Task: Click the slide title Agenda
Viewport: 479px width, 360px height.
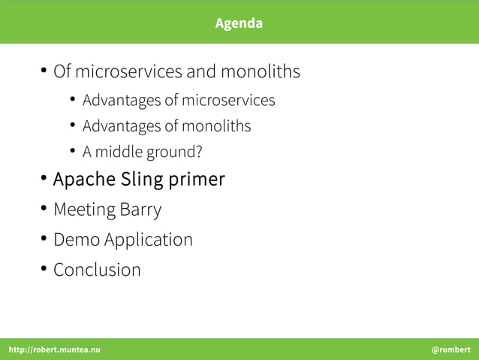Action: coord(239,23)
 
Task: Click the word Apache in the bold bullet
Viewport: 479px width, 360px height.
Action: coord(83,180)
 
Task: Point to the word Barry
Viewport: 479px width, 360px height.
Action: coord(140,210)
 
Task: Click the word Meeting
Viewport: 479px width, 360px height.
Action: coord(84,210)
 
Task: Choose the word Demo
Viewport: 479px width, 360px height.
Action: coord(76,240)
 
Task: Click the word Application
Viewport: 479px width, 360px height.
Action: coord(148,241)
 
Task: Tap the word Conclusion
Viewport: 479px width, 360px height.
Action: coord(97,269)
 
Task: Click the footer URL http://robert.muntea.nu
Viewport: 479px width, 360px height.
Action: coord(54,349)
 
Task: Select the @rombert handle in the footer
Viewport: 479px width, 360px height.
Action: coord(450,349)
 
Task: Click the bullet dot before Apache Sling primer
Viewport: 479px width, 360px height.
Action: coord(44,179)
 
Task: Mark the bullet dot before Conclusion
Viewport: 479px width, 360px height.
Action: coord(44,268)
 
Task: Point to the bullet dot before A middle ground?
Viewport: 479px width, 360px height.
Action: coord(74,150)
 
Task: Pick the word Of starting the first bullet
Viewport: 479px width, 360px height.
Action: coord(62,72)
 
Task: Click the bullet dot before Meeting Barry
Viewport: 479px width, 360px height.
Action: coord(44,208)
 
